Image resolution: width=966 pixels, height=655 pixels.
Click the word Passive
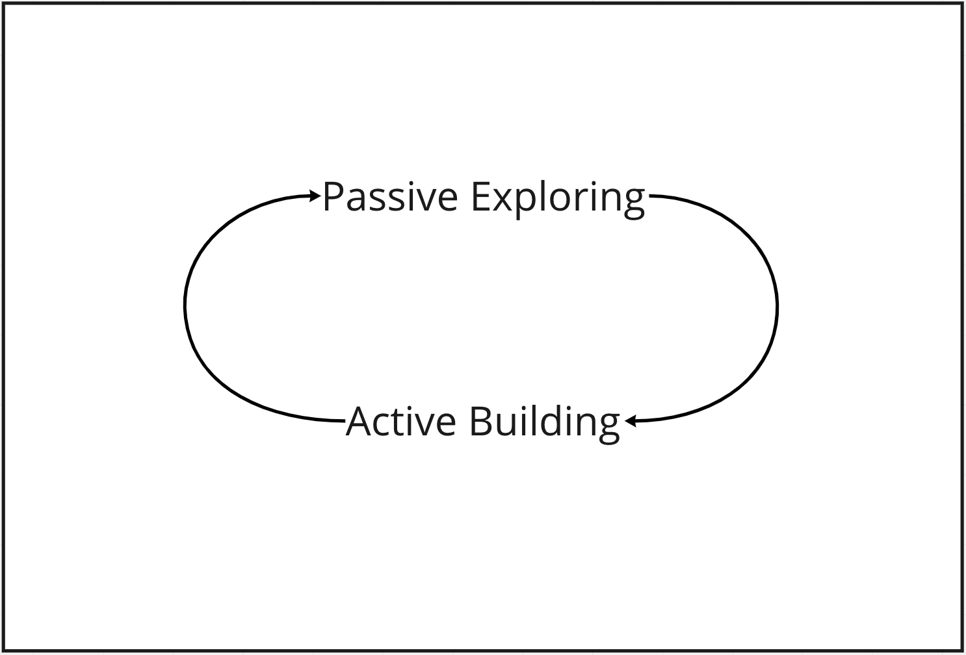[390, 197]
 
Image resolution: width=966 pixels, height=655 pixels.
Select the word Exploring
[558, 199]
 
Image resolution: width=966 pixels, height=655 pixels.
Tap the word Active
[401, 421]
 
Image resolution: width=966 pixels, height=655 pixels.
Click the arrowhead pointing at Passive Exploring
[315, 196]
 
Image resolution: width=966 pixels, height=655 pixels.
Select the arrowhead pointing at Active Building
[631, 421]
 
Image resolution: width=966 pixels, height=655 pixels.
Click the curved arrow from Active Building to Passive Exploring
[185, 306]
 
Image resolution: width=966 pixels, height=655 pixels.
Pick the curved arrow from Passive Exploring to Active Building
[777, 306]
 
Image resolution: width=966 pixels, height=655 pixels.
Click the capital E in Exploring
[481, 197]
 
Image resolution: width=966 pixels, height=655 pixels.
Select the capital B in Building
[481, 421]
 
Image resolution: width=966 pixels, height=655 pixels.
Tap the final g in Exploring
[634, 205]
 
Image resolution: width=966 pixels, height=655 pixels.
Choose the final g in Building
[609, 430]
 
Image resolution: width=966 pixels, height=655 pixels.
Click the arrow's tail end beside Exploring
[650, 196]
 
